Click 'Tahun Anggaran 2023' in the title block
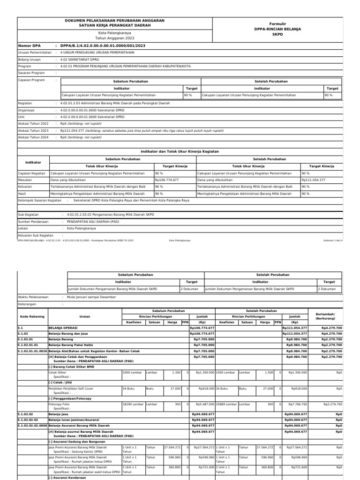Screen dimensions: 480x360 (114, 38)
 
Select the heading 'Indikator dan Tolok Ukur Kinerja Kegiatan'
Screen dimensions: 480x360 (180, 151)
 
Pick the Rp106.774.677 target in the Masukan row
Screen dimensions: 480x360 (168, 180)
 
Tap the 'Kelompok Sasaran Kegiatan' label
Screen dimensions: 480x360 (40, 200)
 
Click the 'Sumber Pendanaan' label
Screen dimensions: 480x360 (34, 221)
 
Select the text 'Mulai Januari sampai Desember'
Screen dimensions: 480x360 (92, 297)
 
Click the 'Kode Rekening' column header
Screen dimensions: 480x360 (32, 316)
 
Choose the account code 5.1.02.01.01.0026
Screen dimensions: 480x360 (32, 351)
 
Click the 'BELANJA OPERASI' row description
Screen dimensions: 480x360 (63, 328)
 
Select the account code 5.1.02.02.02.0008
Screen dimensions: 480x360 (32, 426)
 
